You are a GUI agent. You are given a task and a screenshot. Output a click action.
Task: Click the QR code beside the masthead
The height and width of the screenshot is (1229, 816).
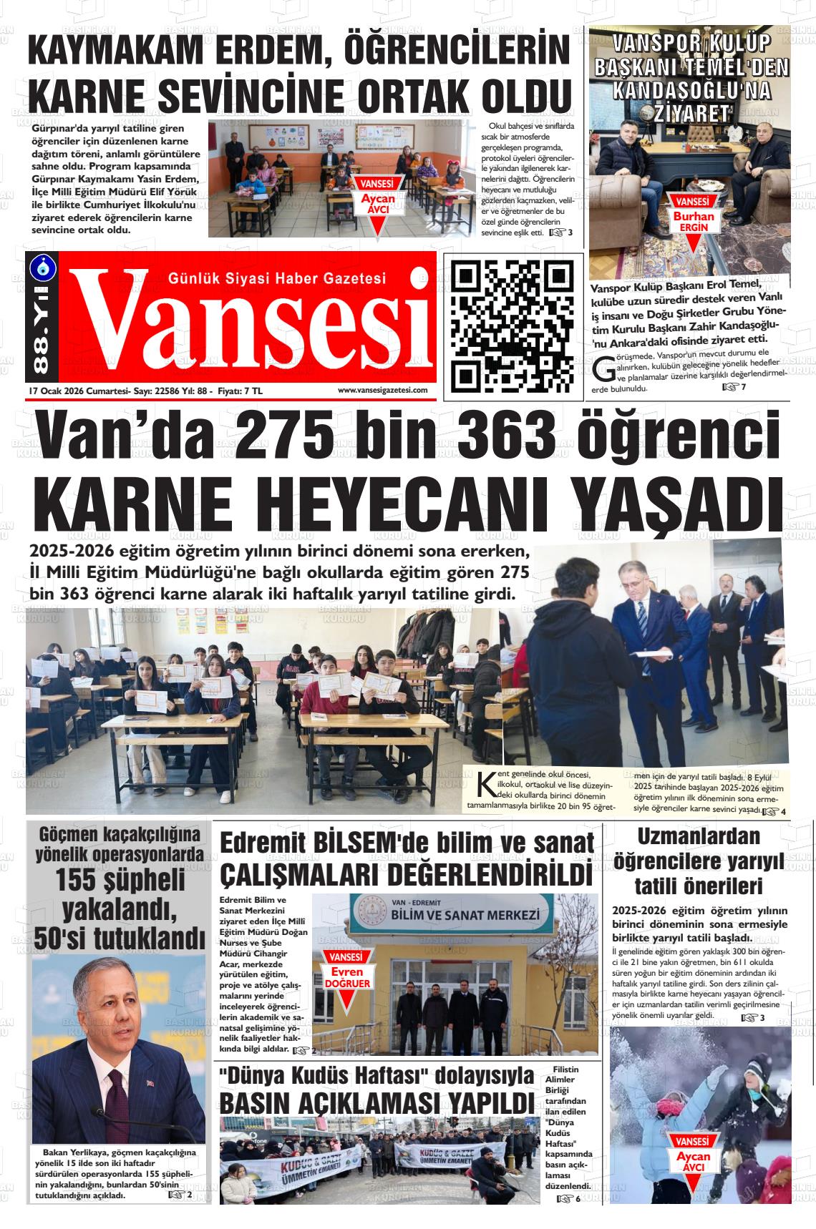[513, 325]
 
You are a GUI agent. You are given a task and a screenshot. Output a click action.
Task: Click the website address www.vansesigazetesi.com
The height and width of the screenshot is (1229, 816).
[382, 390]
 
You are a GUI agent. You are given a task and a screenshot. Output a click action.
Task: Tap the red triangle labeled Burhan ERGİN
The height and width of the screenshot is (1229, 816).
[692, 225]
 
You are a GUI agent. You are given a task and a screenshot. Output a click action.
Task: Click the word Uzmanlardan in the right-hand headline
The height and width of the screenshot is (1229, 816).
[698, 836]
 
